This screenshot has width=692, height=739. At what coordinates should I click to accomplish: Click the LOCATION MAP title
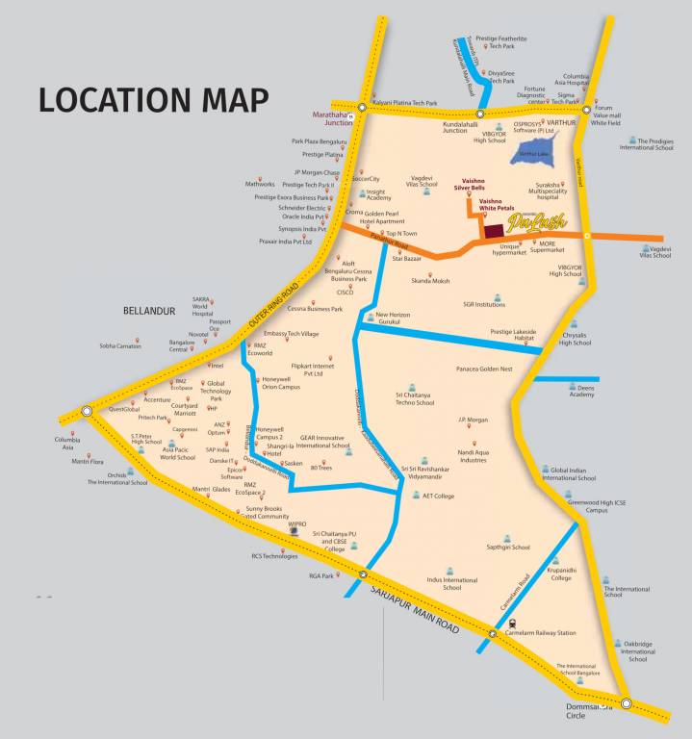click(x=153, y=100)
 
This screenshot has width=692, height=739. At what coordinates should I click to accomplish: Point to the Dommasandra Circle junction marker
click(x=627, y=703)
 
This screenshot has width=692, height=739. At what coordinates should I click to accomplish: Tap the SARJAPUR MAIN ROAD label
click(x=415, y=605)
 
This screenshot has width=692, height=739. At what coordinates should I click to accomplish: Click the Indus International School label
click(x=452, y=583)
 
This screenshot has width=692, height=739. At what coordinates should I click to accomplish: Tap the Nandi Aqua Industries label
click(x=472, y=455)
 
